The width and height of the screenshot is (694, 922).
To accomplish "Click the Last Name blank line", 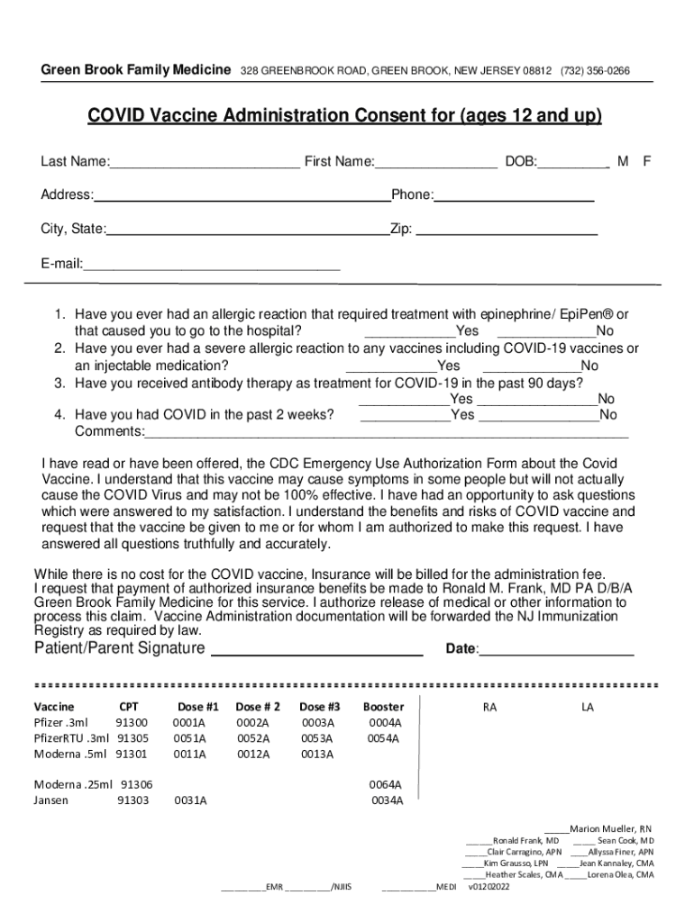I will [x=205, y=167].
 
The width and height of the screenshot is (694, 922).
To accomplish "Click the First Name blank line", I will [x=436, y=167].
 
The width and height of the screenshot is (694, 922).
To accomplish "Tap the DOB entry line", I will [x=574, y=167].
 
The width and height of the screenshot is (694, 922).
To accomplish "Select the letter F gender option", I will [x=646, y=161].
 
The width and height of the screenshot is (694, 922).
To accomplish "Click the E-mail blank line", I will [x=212, y=268].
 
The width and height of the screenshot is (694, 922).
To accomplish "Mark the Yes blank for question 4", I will [x=406, y=420].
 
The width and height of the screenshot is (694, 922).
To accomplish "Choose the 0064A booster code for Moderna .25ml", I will [x=385, y=784].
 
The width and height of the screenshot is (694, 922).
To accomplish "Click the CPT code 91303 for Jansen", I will [x=132, y=800].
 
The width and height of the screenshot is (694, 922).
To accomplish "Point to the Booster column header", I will [x=383, y=707].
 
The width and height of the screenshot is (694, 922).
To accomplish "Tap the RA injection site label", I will [x=489, y=708].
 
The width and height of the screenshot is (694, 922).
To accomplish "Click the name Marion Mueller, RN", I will [x=610, y=828].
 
